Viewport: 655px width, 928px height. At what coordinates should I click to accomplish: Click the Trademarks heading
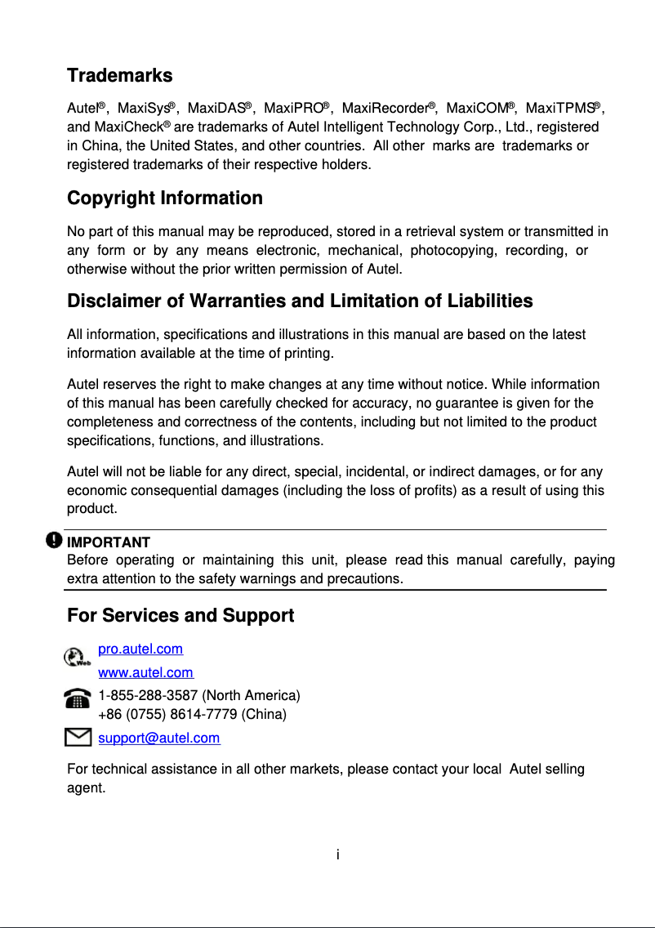pos(119,76)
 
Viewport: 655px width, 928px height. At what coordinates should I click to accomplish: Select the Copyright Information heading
pos(164,199)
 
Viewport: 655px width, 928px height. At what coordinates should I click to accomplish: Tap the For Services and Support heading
pos(180,616)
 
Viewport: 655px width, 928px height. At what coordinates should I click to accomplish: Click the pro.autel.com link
pos(140,649)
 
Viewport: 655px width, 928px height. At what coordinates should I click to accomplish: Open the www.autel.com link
pos(145,673)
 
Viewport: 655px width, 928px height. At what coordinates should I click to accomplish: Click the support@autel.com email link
pos(158,738)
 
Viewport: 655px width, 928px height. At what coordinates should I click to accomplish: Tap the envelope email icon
pos(78,738)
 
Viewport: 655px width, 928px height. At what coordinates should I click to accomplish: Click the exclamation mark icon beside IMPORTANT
pos(54,541)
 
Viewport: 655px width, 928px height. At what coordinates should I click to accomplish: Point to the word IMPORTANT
pos(108,542)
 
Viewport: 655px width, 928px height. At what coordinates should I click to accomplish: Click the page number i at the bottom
pos(337,855)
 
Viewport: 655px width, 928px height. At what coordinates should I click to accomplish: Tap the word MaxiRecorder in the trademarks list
pos(385,109)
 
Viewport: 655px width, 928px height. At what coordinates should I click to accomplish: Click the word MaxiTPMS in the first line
pos(559,109)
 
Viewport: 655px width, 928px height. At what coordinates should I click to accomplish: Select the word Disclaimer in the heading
pos(114,301)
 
